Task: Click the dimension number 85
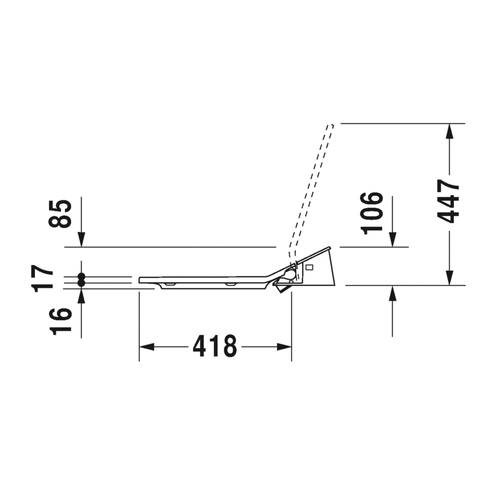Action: [x=60, y=214]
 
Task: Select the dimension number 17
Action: [x=42, y=279]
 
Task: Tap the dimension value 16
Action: [x=60, y=322]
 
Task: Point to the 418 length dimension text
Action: [x=215, y=346]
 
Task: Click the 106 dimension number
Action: [x=372, y=213]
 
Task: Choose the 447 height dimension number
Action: [x=448, y=202]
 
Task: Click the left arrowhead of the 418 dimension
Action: [x=146, y=347]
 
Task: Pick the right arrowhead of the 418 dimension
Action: [x=284, y=347]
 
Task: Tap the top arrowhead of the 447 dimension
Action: [x=450, y=131]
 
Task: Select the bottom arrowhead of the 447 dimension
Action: [x=450, y=278]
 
